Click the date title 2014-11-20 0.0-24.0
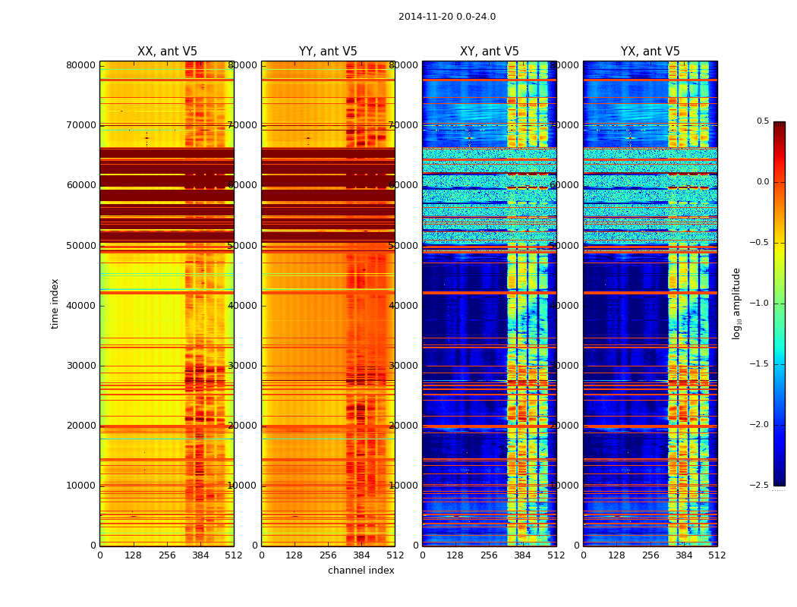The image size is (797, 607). [446, 17]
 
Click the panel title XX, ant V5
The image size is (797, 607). [167, 52]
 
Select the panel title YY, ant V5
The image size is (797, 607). [328, 52]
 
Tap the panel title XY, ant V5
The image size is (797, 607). [490, 52]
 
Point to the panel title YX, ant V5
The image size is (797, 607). [651, 52]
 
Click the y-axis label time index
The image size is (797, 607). [55, 303]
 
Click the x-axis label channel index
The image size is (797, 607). [361, 571]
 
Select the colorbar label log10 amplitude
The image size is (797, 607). [736, 303]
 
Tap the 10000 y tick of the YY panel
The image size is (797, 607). [242, 486]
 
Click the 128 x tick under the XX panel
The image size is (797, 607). [134, 555]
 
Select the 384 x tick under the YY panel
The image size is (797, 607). [361, 555]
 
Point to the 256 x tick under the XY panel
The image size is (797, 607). [490, 555]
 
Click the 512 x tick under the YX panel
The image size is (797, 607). [717, 555]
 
